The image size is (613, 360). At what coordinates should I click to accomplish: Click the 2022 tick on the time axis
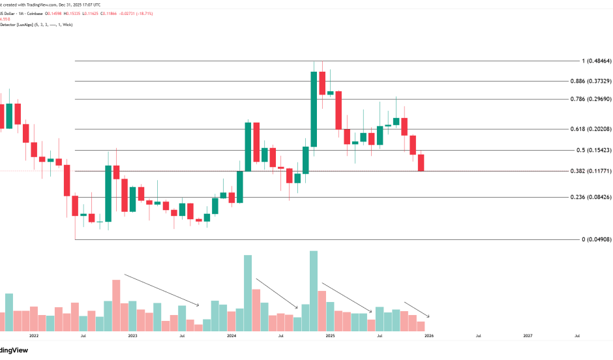(x=34, y=337)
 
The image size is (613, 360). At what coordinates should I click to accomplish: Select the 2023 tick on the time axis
(x=132, y=337)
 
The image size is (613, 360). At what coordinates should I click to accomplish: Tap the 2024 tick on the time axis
(x=232, y=337)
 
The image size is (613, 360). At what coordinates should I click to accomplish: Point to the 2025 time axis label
(x=331, y=337)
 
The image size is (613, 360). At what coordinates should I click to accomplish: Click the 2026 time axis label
(x=429, y=337)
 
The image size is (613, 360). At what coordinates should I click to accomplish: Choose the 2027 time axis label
(x=528, y=337)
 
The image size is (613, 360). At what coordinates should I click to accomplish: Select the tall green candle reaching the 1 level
(x=314, y=110)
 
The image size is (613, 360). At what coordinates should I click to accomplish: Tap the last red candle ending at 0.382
(x=421, y=163)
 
